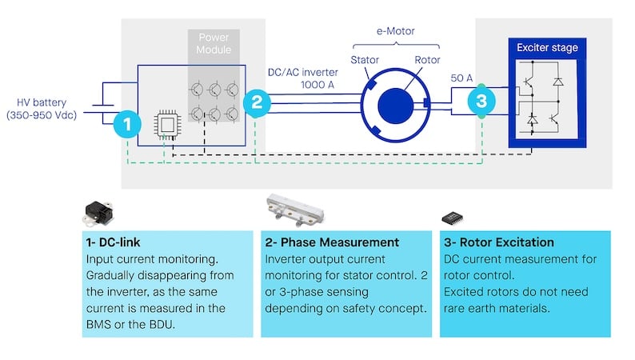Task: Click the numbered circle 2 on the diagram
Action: [x=256, y=102]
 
